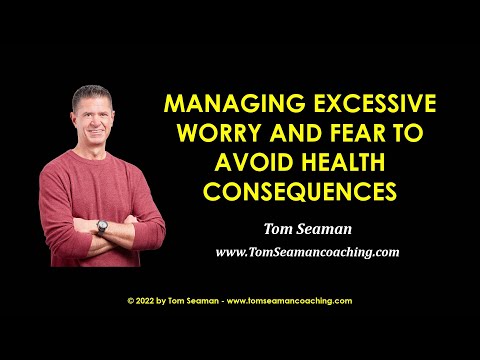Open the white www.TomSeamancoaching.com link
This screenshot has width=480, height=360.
tap(307, 252)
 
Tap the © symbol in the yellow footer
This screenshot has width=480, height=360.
tap(131, 299)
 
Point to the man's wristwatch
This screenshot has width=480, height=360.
tap(102, 227)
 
